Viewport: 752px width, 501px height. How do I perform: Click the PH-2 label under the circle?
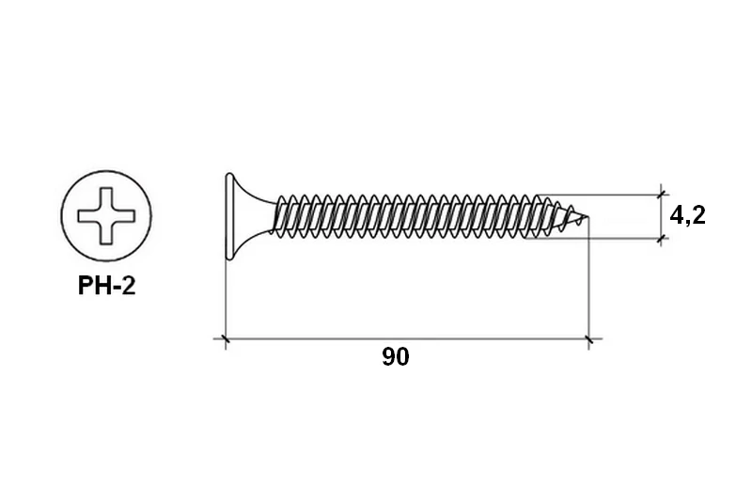click(106, 286)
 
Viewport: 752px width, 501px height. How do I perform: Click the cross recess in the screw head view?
click(106, 216)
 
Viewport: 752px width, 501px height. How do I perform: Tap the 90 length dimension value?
click(396, 357)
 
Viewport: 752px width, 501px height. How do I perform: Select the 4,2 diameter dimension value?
click(688, 216)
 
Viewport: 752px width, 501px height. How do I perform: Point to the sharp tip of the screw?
click(587, 217)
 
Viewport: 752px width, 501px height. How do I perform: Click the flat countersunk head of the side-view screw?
click(229, 216)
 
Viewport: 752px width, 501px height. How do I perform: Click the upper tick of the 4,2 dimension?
click(662, 195)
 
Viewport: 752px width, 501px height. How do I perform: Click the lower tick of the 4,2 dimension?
click(662, 238)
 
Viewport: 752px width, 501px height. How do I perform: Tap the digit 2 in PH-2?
click(129, 286)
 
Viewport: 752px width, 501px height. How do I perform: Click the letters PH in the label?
click(93, 286)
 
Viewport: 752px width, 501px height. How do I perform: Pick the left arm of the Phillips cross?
click(88, 216)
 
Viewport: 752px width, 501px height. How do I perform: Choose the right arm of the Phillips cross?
click(125, 216)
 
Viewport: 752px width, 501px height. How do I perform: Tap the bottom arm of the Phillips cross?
click(106, 234)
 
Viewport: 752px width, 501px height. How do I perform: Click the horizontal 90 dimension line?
click(408, 339)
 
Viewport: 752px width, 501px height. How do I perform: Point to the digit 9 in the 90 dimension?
click(388, 357)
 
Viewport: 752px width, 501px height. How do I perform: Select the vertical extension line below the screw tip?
click(588, 283)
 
